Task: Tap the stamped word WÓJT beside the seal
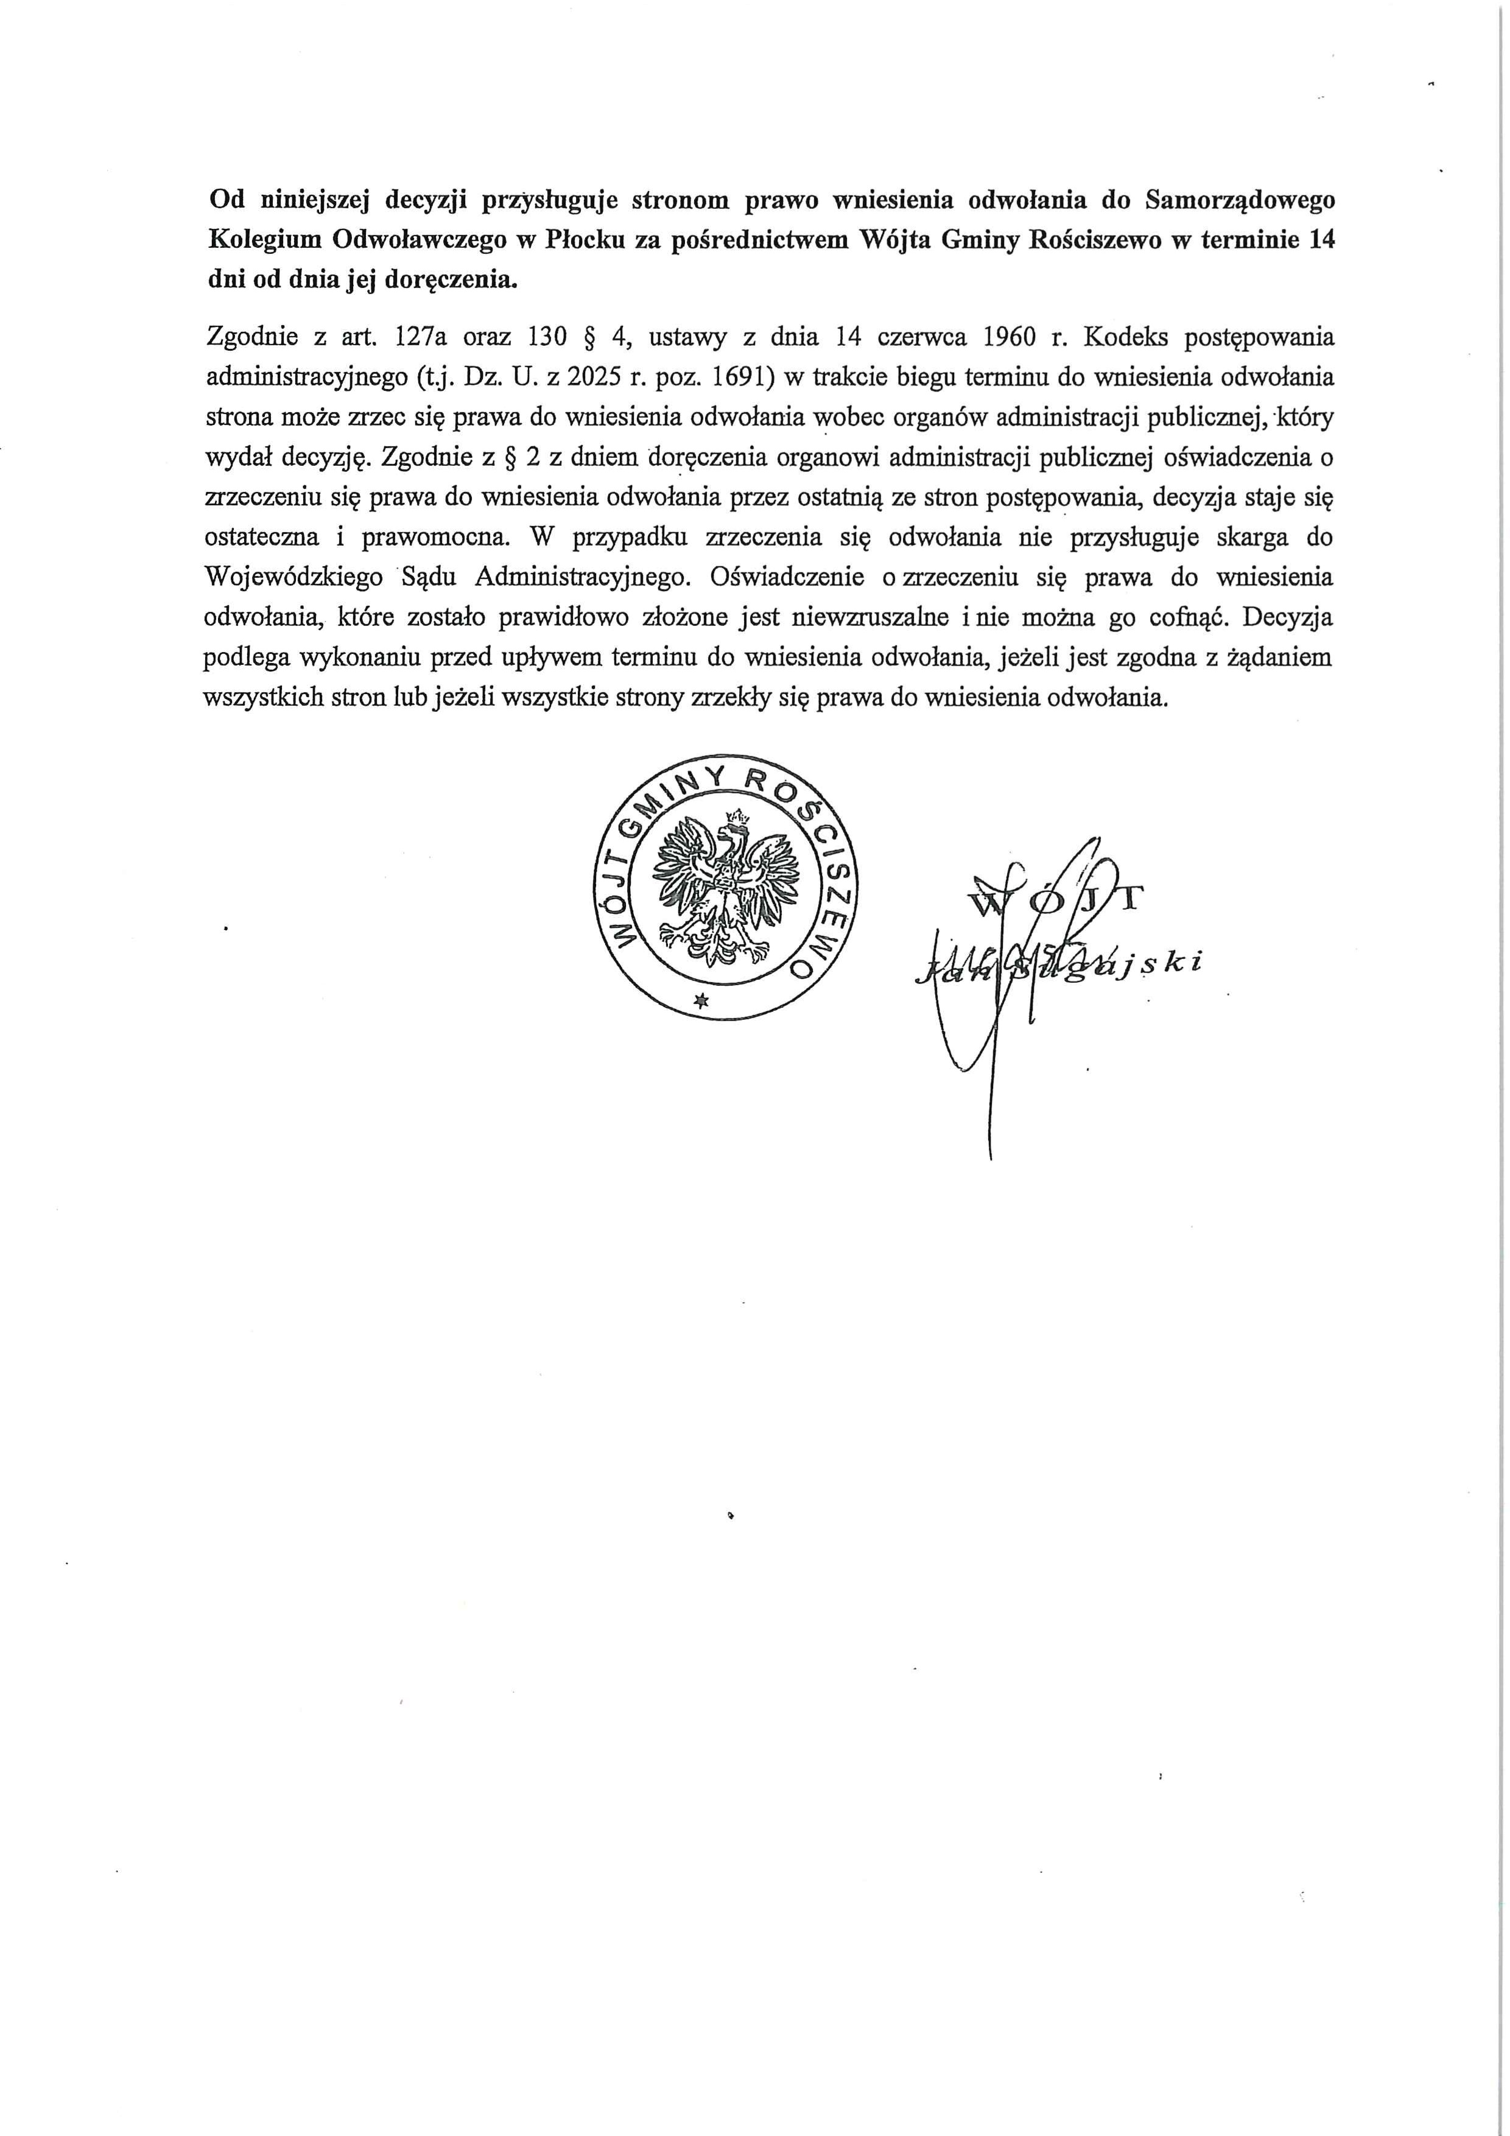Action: tap(1055, 901)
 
